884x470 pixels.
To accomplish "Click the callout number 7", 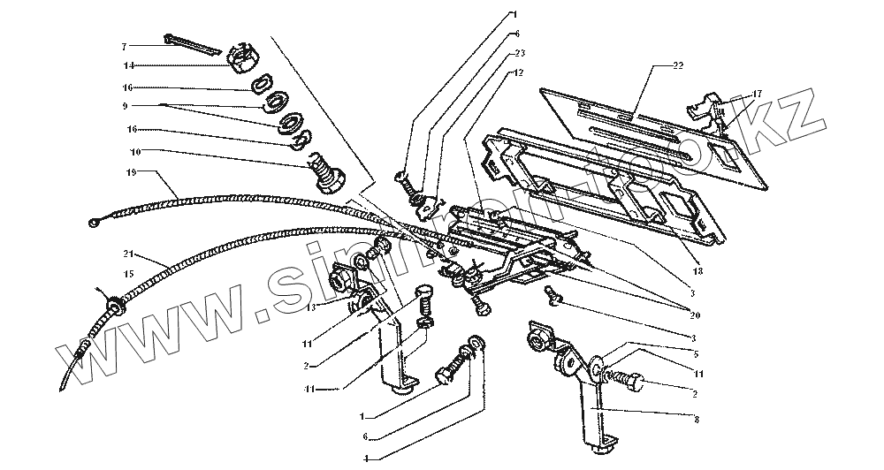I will pos(125,45).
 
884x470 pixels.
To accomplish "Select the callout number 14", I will pos(128,65).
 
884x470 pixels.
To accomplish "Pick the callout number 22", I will pos(678,66).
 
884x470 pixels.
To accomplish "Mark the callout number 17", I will pos(758,93).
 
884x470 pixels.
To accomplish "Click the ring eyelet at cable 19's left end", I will pos(95,224).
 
